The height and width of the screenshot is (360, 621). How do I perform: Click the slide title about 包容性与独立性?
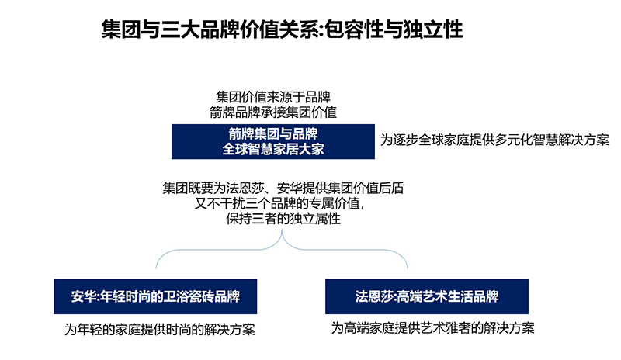pos(282,29)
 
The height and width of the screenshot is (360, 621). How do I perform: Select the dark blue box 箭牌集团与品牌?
pos(273,141)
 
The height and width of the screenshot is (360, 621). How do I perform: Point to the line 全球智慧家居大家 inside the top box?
pos(273,149)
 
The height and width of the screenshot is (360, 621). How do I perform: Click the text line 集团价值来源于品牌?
pos(273,97)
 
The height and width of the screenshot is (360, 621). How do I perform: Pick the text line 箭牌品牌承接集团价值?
pos(273,112)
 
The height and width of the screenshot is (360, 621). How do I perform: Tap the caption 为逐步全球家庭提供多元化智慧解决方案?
pos(494,140)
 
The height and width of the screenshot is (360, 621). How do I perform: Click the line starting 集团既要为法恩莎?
pos(283,188)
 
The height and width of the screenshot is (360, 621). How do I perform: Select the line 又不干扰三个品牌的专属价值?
pos(279,203)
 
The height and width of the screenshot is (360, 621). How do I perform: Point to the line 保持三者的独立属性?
pos(283,219)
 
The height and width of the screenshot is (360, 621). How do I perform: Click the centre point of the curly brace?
pos(282,231)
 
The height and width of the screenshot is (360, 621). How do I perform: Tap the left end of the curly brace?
pos(156,268)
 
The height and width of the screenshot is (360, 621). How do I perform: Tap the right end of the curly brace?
pos(407,268)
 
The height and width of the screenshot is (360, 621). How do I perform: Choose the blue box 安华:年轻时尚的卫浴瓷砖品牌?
pos(155,296)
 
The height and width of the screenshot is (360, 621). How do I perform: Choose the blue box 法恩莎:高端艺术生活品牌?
pos(427,296)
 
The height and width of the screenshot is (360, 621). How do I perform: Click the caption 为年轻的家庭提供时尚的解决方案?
pos(160,330)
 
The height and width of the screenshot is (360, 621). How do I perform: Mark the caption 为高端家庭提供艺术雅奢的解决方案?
pos(433,328)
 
